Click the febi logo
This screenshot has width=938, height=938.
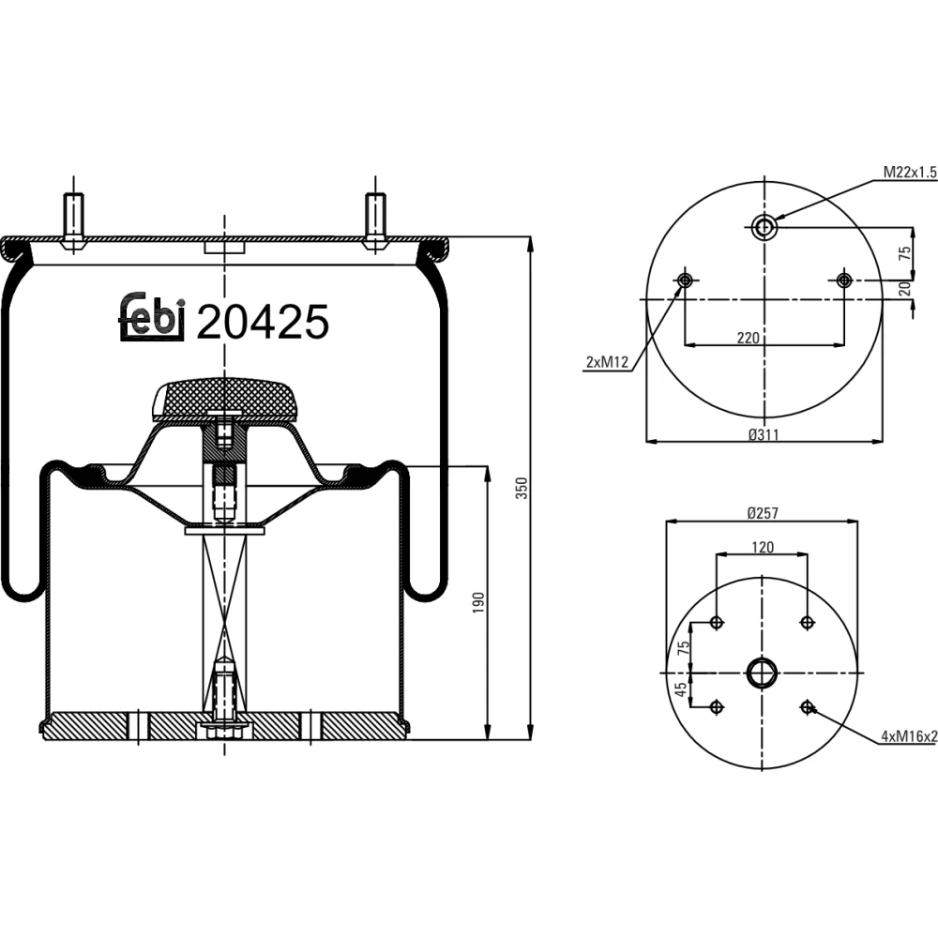point(151,317)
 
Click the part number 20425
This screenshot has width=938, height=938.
point(263,321)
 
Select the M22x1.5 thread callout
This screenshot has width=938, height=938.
point(910,173)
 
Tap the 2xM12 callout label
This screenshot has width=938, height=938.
point(607,362)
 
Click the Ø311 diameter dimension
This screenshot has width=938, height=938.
point(764,435)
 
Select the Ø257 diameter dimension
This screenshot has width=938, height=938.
point(763,513)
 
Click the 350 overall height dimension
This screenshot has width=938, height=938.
point(522,488)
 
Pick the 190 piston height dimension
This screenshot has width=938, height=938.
point(478,602)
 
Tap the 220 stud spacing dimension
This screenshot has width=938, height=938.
point(749,338)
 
